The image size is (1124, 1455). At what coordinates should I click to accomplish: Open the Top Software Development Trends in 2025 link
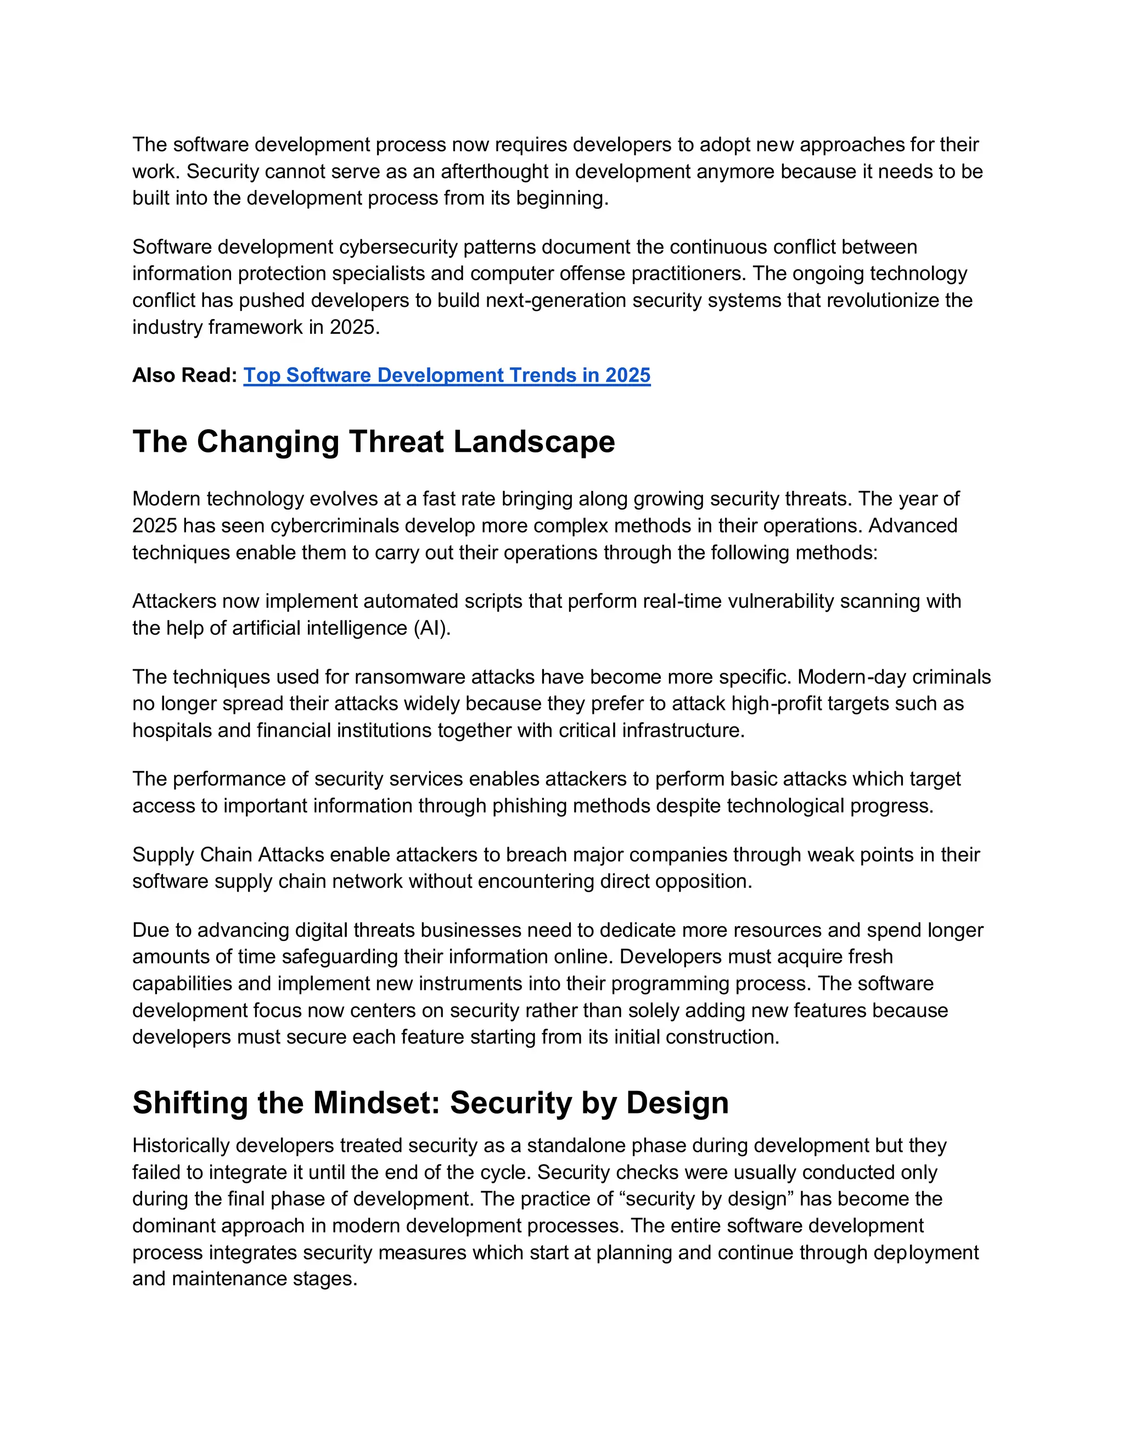(x=446, y=375)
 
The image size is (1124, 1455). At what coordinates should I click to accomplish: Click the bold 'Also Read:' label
(x=184, y=375)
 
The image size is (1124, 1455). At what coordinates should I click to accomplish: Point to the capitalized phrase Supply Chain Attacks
(x=228, y=855)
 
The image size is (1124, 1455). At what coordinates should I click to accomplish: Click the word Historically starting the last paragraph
(x=181, y=1145)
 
